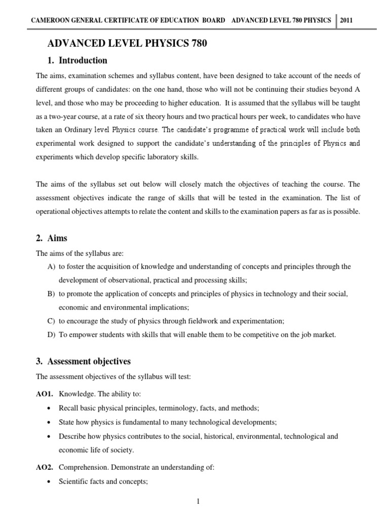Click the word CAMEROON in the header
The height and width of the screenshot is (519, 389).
(52, 21)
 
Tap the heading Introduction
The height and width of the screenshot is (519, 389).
(83, 60)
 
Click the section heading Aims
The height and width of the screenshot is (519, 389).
(57, 238)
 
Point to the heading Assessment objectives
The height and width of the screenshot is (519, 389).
(89, 361)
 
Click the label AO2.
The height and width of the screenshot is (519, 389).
(45, 468)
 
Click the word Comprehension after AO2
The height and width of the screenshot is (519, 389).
(83, 468)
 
